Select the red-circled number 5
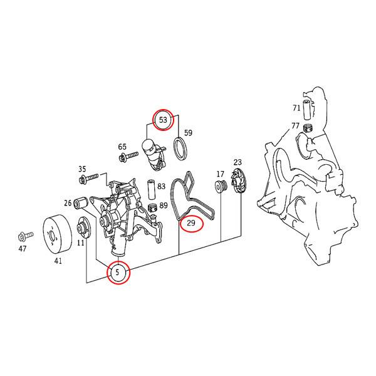[118, 273]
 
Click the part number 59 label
[187, 133]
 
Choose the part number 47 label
[22, 249]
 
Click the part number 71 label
[296, 108]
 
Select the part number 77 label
[296, 126]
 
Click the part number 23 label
[238, 162]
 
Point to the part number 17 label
[220, 174]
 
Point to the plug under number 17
[221, 187]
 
